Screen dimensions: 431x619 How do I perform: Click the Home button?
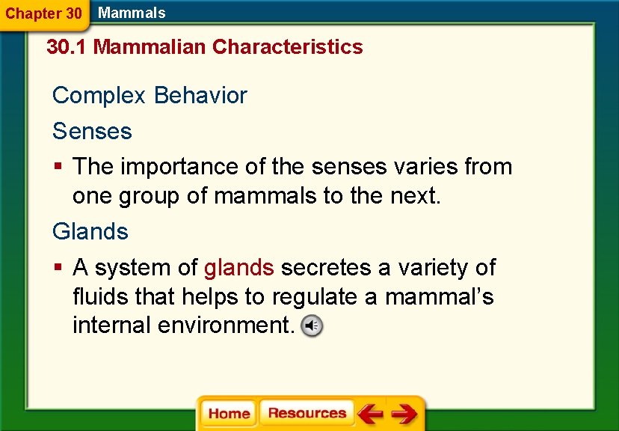[x=229, y=414]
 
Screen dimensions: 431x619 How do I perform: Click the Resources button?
[x=307, y=414]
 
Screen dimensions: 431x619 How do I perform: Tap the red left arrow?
[x=370, y=414]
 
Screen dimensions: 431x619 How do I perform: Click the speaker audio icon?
[x=312, y=326]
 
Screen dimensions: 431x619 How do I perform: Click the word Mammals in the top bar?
[x=132, y=13]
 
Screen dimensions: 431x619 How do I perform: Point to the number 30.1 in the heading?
[x=67, y=47]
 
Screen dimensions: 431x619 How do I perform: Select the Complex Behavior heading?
[x=150, y=96]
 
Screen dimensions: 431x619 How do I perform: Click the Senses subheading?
[x=92, y=132]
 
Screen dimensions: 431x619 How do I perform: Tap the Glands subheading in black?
[x=90, y=232]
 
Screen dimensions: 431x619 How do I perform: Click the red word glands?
[x=239, y=268]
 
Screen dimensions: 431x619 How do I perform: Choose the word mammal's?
[x=439, y=297]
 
